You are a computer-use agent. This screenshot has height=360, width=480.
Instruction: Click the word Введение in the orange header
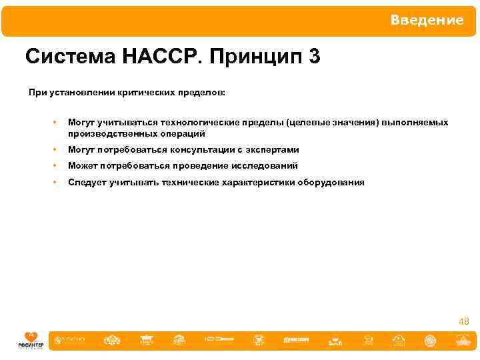point(427,21)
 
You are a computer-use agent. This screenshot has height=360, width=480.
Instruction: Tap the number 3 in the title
point(314,57)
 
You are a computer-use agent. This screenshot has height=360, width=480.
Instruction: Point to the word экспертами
point(269,150)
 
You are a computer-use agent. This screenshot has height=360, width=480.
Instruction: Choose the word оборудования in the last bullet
point(331,182)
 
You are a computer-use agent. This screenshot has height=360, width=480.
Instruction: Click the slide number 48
point(463,321)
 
